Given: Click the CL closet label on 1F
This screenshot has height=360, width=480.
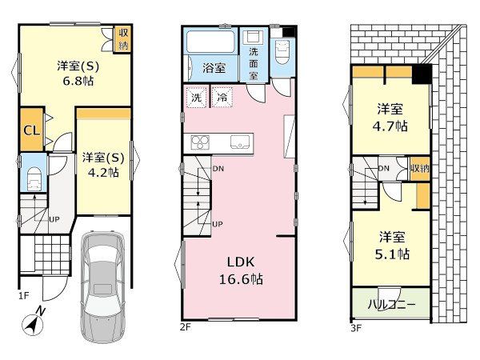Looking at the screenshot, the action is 32,130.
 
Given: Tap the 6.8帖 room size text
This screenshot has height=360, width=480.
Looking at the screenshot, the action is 78,81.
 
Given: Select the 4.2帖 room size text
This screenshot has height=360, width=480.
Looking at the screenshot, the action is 103,173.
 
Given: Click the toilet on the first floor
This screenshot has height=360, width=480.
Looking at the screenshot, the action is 34,179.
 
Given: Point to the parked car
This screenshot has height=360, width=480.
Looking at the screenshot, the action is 103,286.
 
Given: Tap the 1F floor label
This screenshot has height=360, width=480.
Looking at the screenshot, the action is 23,296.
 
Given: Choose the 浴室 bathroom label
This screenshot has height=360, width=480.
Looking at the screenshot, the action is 214,68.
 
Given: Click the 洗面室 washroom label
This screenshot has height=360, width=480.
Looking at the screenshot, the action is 254,64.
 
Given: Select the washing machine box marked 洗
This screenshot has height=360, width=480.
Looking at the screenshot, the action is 197,98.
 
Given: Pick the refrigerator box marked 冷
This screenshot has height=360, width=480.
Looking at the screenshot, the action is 222,98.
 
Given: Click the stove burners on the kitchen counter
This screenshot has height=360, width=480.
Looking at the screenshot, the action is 200,142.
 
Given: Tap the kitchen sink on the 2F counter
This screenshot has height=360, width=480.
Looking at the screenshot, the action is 240,142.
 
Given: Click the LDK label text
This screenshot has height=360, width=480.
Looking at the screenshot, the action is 241,262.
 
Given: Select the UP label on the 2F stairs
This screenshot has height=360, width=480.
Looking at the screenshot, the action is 218,224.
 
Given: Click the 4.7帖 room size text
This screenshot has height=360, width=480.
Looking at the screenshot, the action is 390,126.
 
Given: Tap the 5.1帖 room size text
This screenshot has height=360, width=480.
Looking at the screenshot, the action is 392,254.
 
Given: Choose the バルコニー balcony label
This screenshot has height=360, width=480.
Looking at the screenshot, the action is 391,305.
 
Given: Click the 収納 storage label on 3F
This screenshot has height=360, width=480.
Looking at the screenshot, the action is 420,168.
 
